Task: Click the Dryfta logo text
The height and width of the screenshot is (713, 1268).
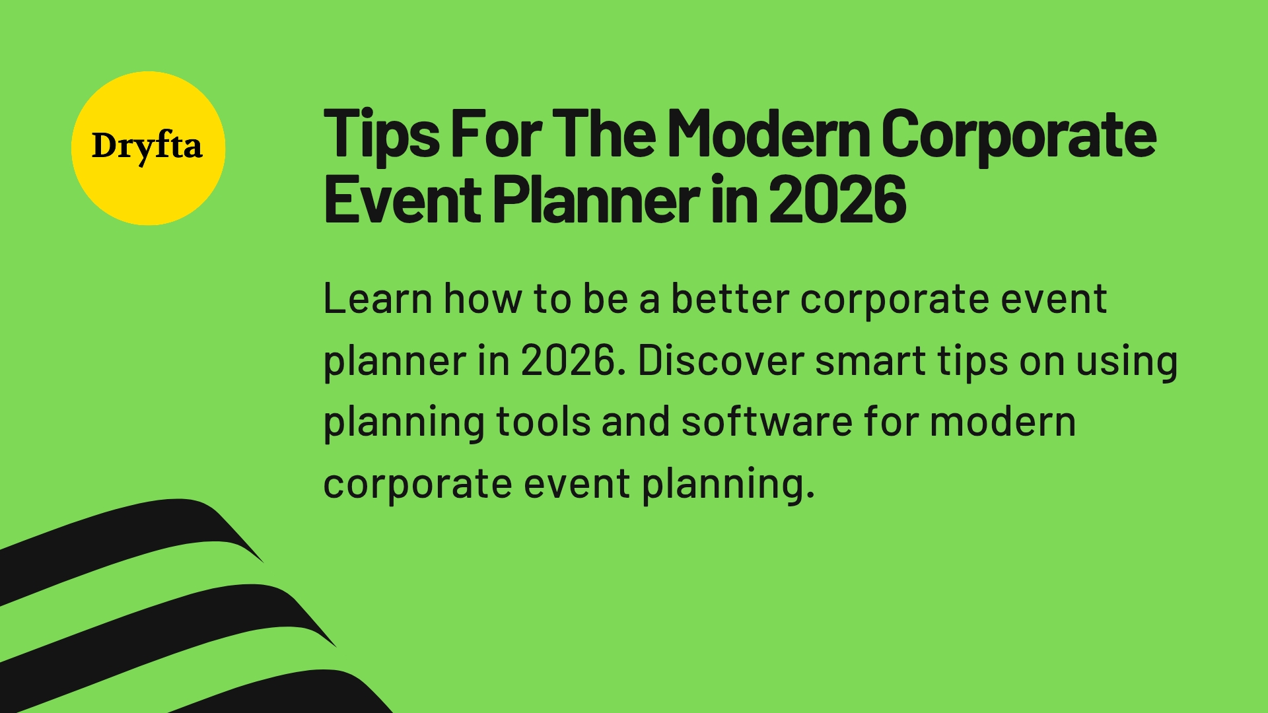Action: coord(147,146)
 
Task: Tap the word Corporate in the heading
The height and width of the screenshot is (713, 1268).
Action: coord(1018,135)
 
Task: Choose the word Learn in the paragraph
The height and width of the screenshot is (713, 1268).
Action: coord(378,299)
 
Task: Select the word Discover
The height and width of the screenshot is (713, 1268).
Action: coord(721,360)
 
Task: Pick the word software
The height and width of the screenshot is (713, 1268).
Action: coord(767,422)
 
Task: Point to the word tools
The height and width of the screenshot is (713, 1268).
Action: coord(543,422)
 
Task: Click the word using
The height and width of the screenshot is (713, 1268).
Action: coord(1127,362)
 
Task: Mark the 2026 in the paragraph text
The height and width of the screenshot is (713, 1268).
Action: coord(573,360)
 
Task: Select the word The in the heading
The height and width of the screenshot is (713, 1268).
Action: coord(604,135)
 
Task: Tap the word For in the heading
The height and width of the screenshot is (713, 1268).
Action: coord(496,135)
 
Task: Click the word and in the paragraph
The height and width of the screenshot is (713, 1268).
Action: coord(635,422)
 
